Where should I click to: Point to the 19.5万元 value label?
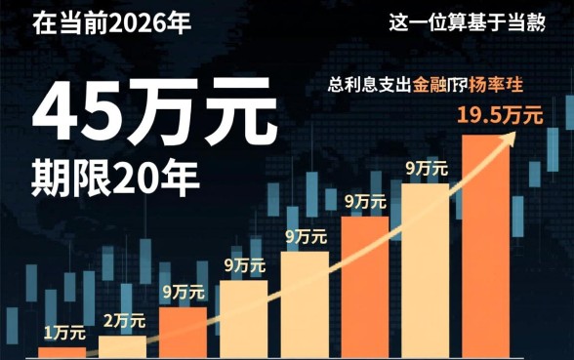(500, 116)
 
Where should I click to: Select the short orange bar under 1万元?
(62, 352)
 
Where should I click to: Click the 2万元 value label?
(123, 319)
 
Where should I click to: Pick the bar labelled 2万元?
(123, 347)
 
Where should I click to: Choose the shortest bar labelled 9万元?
(184, 333)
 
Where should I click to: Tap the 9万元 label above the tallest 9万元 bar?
(427, 168)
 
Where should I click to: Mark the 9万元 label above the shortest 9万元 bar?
(184, 291)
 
